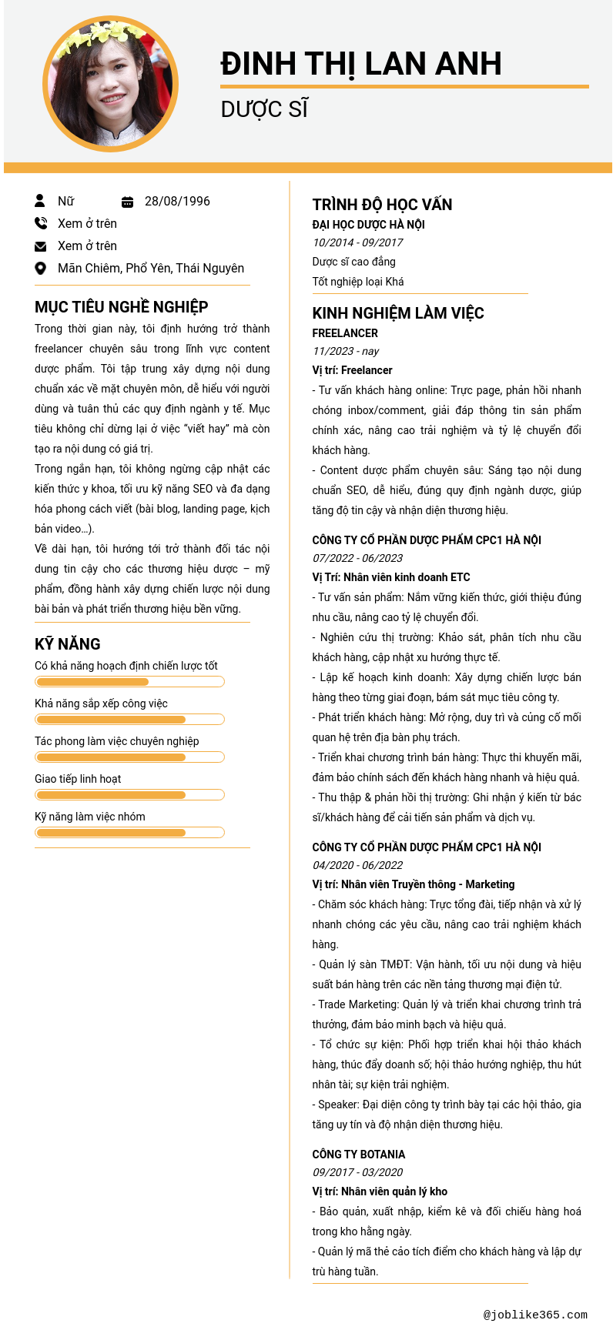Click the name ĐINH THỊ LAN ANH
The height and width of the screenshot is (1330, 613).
coord(360,64)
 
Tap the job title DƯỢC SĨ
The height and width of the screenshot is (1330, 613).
coord(264,109)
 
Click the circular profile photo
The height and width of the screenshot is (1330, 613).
coord(110,84)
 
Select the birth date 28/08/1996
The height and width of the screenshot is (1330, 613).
coord(177,202)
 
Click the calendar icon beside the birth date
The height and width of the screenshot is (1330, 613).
coord(128,202)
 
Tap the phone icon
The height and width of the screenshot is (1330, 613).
coord(41,223)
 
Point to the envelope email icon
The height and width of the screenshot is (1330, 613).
coord(41,246)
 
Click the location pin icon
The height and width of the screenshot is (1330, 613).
coord(41,269)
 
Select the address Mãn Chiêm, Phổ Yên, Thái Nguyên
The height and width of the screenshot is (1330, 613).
coord(151,269)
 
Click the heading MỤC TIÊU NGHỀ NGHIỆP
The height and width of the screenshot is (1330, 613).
coord(122,307)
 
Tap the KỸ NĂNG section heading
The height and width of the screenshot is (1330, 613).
coord(68,644)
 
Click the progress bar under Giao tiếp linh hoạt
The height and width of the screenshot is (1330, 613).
coord(129,795)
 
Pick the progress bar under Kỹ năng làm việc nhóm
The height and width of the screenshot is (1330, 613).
coord(129,833)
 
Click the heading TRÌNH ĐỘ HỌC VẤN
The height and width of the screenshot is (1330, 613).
coord(382,205)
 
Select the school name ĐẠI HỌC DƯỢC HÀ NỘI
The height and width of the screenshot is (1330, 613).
coord(368,225)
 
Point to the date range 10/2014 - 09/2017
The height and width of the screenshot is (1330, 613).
coord(357,242)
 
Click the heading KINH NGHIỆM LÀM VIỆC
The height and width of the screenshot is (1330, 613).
coord(398,313)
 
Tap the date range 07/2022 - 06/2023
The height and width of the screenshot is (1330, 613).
coord(357,558)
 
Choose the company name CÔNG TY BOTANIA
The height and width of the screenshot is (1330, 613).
coord(358,1155)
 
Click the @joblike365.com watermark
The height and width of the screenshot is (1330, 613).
coord(535,1315)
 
